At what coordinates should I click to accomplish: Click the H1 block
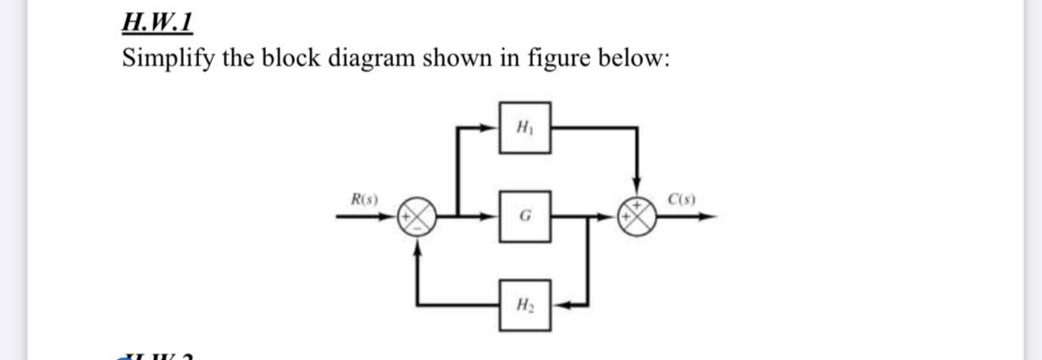[x=524, y=127]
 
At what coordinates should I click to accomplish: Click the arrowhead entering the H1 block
[x=491, y=128]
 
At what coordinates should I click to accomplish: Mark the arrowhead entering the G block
[x=491, y=218]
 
